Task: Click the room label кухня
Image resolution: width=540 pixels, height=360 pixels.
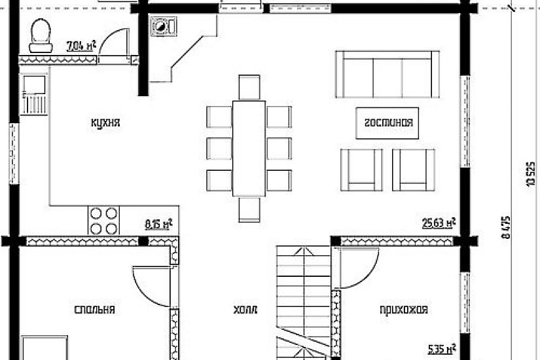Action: pyautogui.click(x=105, y=123)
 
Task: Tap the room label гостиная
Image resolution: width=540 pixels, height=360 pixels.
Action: pyautogui.click(x=388, y=123)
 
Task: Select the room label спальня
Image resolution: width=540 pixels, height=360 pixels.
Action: pyautogui.click(x=94, y=310)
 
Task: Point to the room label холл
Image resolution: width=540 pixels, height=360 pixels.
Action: pyautogui.click(x=245, y=310)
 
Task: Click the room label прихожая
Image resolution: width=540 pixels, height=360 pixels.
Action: pyautogui.click(x=404, y=310)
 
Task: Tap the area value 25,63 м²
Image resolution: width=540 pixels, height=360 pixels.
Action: pyautogui.click(x=439, y=223)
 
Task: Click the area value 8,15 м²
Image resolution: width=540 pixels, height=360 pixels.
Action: pyautogui.click(x=158, y=225)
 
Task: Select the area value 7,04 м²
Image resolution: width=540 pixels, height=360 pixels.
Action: pyautogui.click(x=81, y=46)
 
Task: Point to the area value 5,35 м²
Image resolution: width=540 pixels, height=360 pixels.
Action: pyautogui.click(x=442, y=349)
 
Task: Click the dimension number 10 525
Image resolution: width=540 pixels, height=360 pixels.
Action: pyautogui.click(x=530, y=174)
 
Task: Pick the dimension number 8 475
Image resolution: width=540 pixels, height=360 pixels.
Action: pyautogui.click(x=506, y=227)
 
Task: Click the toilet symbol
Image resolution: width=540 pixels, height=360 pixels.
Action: pyautogui.click(x=41, y=35)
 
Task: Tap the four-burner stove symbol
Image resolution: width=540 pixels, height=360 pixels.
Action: pyautogui.click(x=103, y=221)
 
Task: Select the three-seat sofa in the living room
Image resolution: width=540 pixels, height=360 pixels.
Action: pyautogui.click(x=387, y=75)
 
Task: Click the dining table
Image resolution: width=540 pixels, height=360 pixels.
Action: pyautogui.click(x=249, y=149)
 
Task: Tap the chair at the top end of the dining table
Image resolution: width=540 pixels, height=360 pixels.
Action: pyautogui.click(x=249, y=88)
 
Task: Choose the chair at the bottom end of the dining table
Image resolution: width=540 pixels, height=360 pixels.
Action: pyautogui.click(x=249, y=209)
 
